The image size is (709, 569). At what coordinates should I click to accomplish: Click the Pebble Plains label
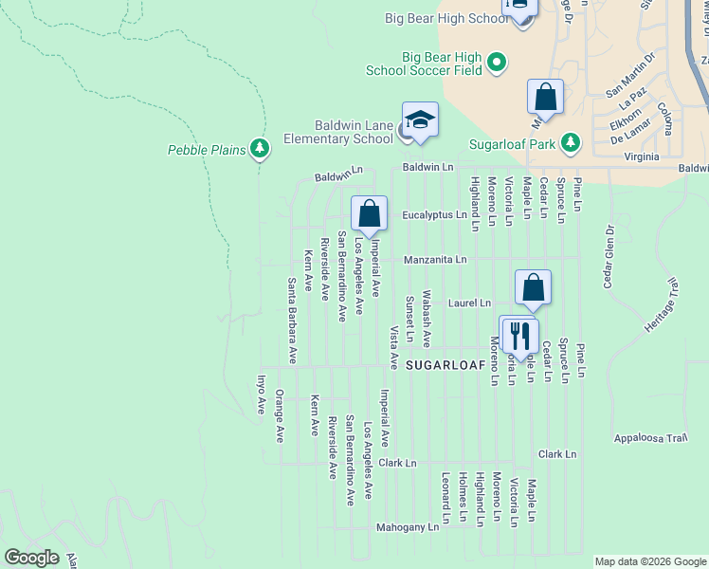[208, 150]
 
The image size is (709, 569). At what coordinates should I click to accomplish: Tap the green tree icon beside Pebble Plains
[260, 149]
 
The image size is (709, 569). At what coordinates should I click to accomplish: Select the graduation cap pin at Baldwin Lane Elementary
[420, 120]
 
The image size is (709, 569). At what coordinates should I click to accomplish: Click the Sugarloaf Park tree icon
[570, 143]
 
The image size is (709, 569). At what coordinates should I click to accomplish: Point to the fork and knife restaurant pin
[519, 336]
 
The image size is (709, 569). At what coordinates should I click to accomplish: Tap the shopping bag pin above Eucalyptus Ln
[369, 214]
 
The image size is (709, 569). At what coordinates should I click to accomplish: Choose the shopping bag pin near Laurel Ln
[534, 288]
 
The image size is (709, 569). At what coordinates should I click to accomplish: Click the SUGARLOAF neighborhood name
[441, 364]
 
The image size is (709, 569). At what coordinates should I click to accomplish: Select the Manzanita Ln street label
[435, 259]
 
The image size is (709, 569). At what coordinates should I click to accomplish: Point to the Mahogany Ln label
[408, 526]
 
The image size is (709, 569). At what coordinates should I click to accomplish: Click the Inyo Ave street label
[261, 395]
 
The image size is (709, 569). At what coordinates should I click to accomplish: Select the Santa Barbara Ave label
[292, 321]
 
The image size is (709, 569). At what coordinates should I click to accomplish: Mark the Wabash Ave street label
[427, 319]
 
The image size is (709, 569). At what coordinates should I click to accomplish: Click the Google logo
[31, 558]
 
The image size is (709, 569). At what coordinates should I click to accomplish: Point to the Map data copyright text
[649, 561]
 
